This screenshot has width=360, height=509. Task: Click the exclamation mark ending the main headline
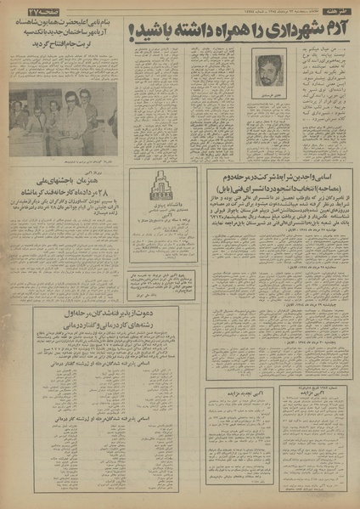(132, 32)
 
